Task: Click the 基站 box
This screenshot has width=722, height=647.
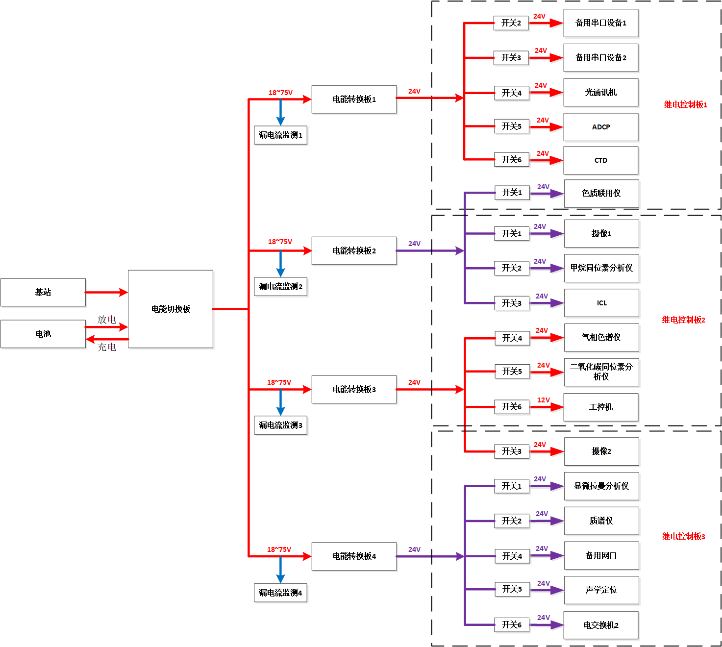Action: (43, 293)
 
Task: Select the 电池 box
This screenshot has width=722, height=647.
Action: (43, 334)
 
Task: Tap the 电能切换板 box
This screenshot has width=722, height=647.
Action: (171, 309)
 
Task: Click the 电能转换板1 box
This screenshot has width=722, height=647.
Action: (354, 100)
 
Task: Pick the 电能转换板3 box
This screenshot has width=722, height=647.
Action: (354, 390)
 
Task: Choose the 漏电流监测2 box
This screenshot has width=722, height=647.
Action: (280, 287)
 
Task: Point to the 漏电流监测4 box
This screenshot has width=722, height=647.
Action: (280, 593)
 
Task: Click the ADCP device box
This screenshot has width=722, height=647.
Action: (601, 127)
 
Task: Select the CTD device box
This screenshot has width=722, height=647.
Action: (601, 161)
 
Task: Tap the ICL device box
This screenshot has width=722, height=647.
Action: (601, 303)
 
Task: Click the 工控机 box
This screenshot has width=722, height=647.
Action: (601, 407)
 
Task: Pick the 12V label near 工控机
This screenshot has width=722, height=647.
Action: (544, 400)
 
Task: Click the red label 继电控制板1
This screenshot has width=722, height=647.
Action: (685, 105)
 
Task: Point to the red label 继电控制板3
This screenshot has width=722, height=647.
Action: (683, 537)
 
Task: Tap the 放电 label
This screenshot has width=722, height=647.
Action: (107, 320)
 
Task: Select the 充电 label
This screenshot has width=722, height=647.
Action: (107, 348)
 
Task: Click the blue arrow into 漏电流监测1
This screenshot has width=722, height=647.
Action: (280, 113)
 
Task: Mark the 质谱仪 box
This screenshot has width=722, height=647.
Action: (601, 521)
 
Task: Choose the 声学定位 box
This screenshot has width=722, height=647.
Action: (601, 590)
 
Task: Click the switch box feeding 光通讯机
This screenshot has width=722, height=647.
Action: (512, 93)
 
